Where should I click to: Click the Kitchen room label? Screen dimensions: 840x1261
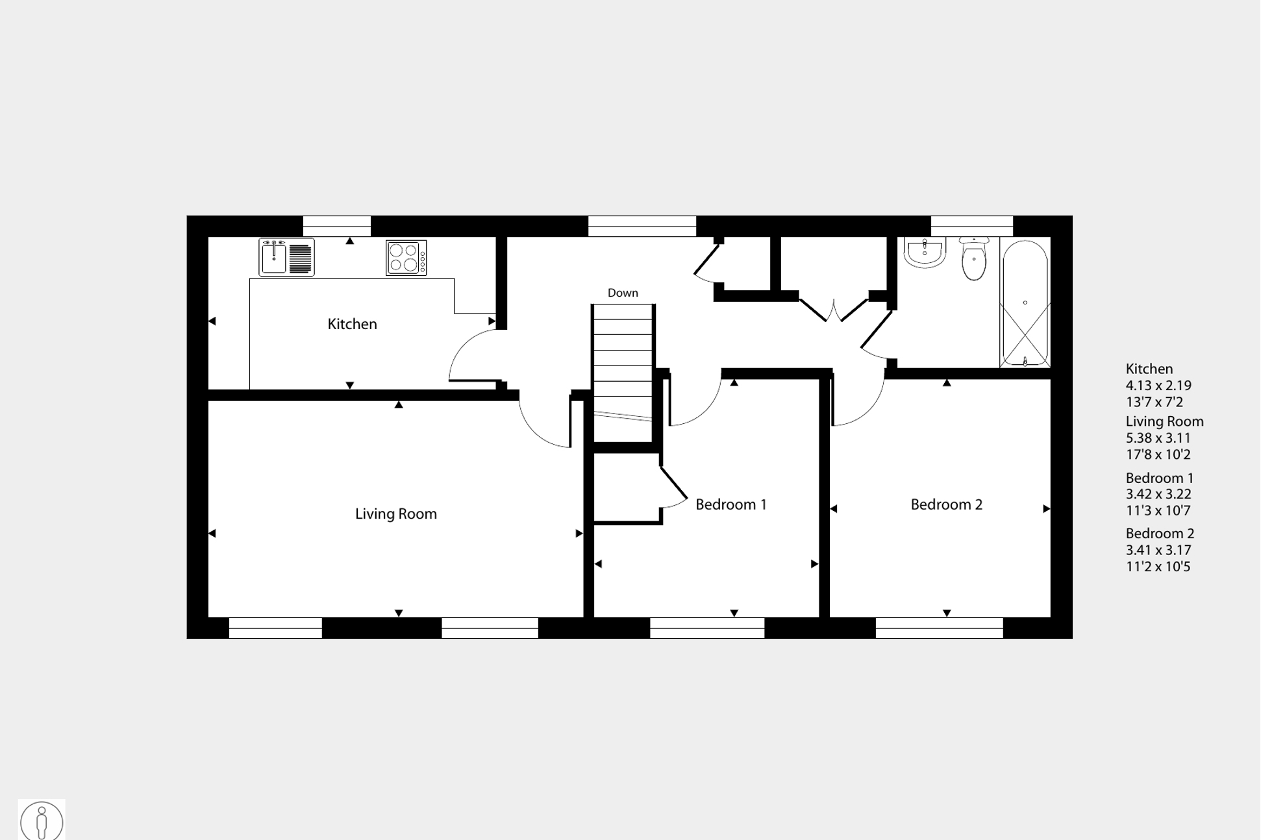(x=352, y=324)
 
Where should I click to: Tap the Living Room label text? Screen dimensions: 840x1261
(x=395, y=514)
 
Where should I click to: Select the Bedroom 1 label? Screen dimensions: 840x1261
(x=730, y=504)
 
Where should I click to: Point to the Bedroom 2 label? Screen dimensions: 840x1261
(x=946, y=504)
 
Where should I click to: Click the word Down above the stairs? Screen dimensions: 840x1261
(x=623, y=293)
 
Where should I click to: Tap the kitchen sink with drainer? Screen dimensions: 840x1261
(x=286, y=257)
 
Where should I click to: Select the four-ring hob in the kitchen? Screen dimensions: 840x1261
(x=406, y=258)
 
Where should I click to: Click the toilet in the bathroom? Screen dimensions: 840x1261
(x=973, y=259)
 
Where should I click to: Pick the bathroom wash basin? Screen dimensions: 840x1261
(x=925, y=253)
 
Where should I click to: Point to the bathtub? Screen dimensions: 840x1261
(x=1025, y=304)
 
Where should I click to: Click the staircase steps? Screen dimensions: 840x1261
(x=623, y=370)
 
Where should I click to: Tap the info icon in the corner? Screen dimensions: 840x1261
(x=42, y=821)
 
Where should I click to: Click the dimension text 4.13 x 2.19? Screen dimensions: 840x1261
(x=1158, y=386)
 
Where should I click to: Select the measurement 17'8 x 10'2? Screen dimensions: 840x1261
(x=1158, y=454)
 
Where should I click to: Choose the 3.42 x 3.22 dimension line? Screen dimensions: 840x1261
(x=1158, y=494)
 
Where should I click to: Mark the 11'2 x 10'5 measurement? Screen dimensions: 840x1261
(x=1158, y=567)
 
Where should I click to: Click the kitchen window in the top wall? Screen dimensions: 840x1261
(x=336, y=226)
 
